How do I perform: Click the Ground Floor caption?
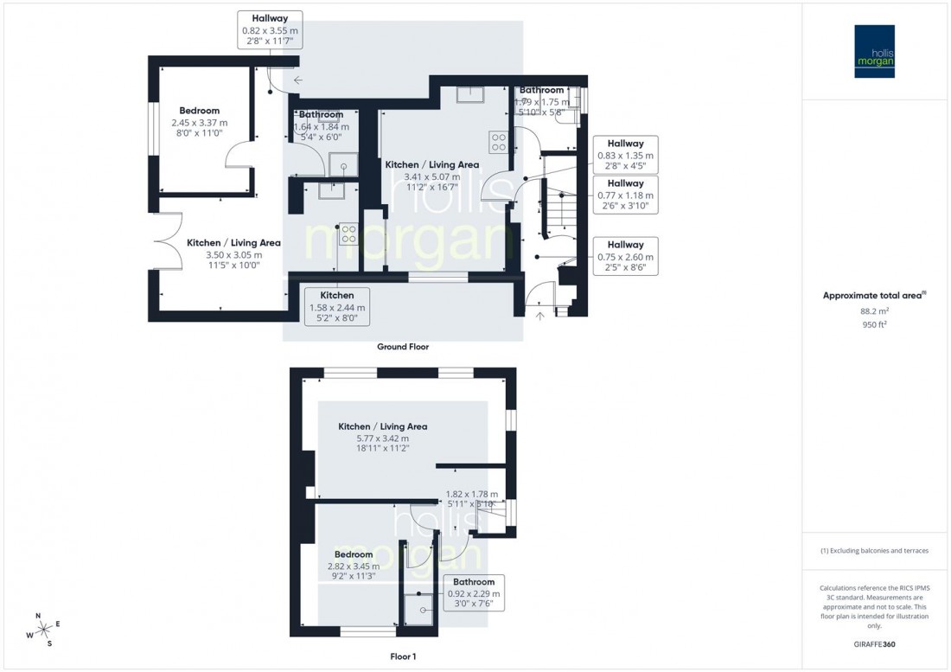[403, 347]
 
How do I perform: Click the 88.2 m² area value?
[875, 311]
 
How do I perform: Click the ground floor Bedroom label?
[200, 111]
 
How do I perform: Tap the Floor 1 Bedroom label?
[354, 554]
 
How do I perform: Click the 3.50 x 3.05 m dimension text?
[223, 255]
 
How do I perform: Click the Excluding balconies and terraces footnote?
[875, 551]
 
